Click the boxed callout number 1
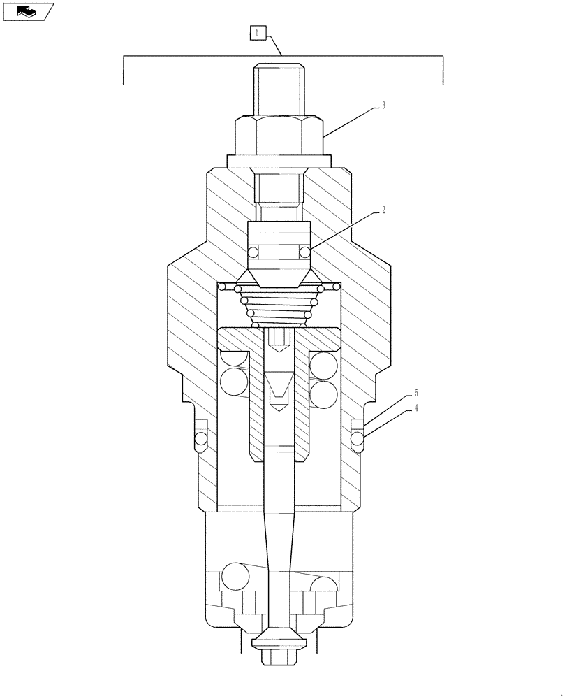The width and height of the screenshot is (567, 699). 257,33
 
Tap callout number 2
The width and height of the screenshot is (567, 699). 384,208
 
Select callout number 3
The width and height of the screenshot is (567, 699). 383,106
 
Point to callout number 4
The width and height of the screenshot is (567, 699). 416,408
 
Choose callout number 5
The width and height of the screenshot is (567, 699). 416,394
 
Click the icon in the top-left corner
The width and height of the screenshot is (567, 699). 28,11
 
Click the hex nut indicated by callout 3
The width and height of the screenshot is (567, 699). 279,136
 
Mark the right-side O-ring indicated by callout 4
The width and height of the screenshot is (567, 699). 358,439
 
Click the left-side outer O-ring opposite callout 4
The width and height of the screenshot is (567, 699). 200,439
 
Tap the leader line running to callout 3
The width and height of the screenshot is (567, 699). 353,120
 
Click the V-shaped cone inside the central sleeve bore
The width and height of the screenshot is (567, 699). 279,384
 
